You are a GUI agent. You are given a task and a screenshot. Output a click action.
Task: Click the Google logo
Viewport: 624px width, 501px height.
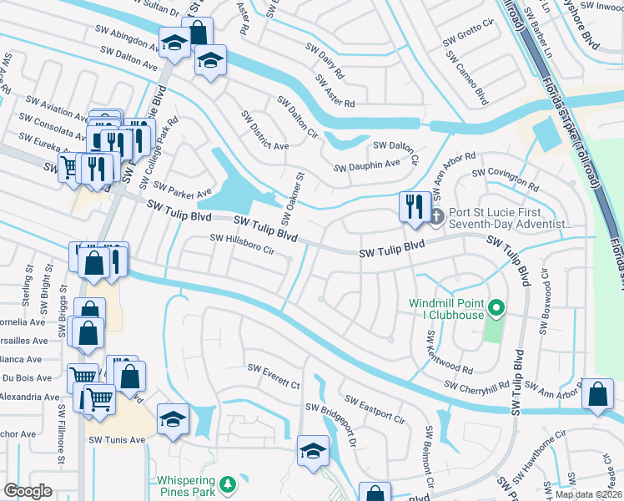28,491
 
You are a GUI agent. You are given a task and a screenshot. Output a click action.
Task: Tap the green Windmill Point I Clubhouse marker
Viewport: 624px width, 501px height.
496,309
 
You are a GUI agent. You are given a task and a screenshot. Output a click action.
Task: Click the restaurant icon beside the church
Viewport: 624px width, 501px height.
415,205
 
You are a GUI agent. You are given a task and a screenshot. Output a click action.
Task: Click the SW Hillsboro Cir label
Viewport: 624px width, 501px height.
242,244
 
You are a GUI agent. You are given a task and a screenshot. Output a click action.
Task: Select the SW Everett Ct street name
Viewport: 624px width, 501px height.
273,377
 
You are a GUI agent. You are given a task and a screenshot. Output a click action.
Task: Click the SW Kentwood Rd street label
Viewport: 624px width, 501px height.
449,354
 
